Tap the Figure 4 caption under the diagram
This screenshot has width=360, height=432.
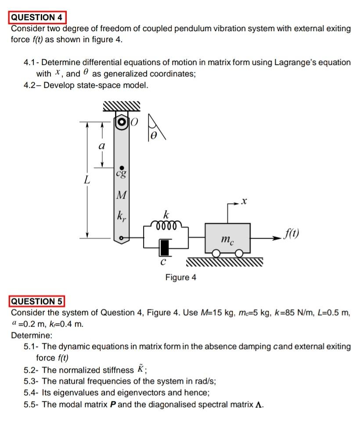(x=181, y=277)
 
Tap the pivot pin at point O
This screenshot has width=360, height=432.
(x=121, y=122)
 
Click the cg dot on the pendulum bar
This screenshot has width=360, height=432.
(x=121, y=168)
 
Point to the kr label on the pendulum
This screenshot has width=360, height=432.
(x=120, y=217)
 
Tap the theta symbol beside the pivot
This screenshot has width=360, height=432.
(x=153, y=137)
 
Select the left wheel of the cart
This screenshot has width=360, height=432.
(x=216, y=254)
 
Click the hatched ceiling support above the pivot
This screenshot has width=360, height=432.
(x=121, y=106)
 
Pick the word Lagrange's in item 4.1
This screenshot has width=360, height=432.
(x=299, y=62)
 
